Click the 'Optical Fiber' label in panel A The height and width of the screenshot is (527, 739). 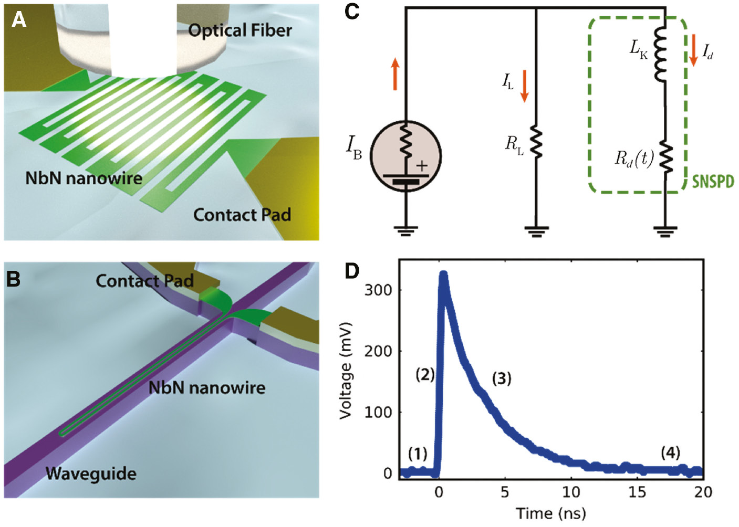[x=240, y=30]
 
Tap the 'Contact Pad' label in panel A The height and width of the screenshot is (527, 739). [x=242, y=215]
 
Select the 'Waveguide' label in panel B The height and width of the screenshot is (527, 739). [x=91, y=473]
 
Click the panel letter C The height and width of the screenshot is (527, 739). [x=352, y=12]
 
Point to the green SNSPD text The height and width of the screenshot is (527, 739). [x=713, y=182]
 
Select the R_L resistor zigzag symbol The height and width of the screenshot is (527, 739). [x=536, y=142]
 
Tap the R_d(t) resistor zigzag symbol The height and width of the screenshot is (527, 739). [x=665, y=157]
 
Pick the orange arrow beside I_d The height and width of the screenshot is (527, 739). [x=694, y=50]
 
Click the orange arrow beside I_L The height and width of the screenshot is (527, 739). [x=524, y=86]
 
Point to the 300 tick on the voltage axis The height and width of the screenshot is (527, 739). [x=378, y=290]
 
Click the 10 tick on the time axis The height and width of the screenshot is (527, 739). [x=571, y=492]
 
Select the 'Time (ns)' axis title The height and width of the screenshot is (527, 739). [x=550, y=513]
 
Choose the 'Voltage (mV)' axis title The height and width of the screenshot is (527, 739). [x=345, y=370]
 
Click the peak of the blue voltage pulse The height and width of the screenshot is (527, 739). [x=443, y=275]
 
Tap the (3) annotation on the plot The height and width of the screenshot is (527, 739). [x=501, y=378]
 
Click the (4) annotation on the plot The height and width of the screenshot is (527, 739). [x=670, y=452]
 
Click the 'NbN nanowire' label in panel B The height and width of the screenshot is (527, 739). [x=206, y=388]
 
